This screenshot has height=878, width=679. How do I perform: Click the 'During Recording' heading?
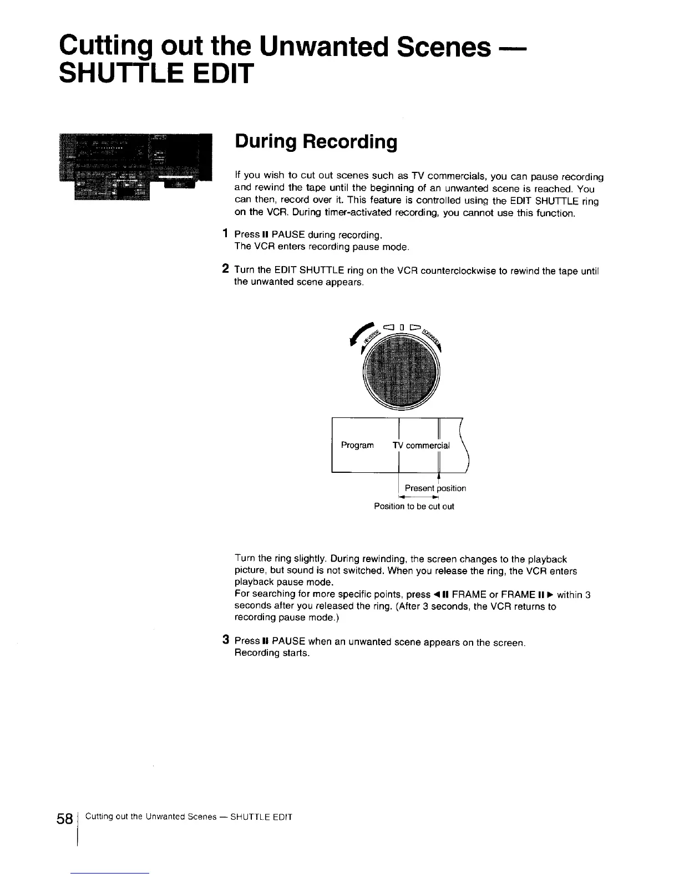point(316,142)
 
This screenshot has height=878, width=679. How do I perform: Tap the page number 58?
point(65,819)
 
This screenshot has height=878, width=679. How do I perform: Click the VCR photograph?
point(136,166)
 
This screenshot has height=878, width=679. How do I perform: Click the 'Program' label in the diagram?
point(357,445)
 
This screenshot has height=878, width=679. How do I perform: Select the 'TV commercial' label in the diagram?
point(421,445)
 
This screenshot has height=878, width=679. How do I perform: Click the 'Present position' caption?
point(435,488)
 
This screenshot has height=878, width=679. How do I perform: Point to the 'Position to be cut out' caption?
point(414,506)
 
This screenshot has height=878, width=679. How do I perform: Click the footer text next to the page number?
point(189,817)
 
